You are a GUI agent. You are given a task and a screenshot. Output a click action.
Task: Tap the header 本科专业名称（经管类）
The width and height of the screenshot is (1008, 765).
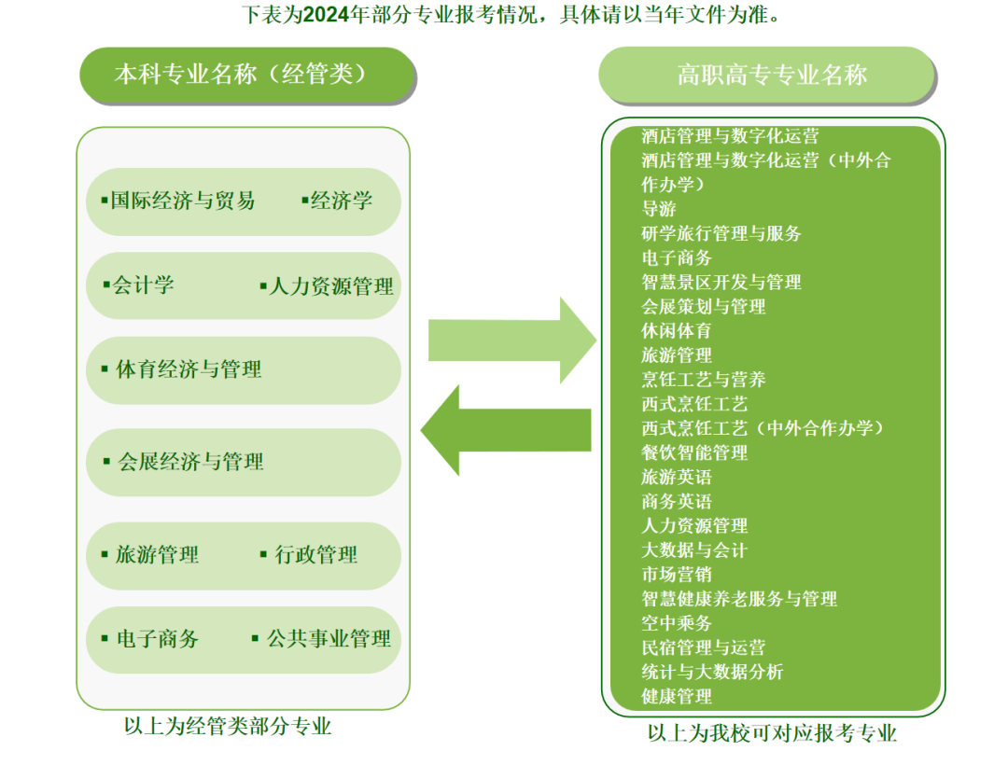(246, 75)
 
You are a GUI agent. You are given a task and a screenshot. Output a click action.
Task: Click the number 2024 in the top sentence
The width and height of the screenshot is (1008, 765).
(328, 14)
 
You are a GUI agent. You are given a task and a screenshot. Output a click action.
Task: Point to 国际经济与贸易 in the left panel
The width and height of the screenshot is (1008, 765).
(182, 201)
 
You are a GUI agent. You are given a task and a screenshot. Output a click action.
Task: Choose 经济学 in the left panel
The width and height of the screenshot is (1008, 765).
(341, 201)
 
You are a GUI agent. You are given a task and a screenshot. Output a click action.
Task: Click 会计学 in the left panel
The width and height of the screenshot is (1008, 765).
(143, 285)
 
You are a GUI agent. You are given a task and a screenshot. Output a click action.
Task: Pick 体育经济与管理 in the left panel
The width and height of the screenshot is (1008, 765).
(189, 369)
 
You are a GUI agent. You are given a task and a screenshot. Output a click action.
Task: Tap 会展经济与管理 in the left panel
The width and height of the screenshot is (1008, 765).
(190, 461)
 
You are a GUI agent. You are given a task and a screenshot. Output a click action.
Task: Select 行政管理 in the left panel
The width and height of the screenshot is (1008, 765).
(315, 555)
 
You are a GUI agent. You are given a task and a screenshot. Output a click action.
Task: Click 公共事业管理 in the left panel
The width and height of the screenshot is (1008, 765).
(329, 639)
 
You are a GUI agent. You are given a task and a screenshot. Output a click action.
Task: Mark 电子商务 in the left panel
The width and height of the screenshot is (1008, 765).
(157, 639)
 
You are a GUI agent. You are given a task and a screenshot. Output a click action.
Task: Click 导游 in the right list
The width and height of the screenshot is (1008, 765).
(659, 209)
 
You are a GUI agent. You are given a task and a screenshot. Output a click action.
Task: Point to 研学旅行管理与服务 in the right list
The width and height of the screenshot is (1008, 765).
(721, 233)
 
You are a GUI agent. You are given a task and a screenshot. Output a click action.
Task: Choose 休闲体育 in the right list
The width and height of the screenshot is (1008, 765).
(677, 330)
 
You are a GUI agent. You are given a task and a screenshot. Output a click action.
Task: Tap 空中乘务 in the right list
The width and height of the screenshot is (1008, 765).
(677, 623)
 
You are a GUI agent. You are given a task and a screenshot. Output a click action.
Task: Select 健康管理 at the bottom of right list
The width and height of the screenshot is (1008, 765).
(677, 696)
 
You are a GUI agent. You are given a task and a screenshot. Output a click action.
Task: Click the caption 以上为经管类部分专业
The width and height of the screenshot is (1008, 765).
(228, 726)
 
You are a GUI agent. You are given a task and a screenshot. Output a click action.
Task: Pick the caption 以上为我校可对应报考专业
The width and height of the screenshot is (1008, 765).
(772, 733)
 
